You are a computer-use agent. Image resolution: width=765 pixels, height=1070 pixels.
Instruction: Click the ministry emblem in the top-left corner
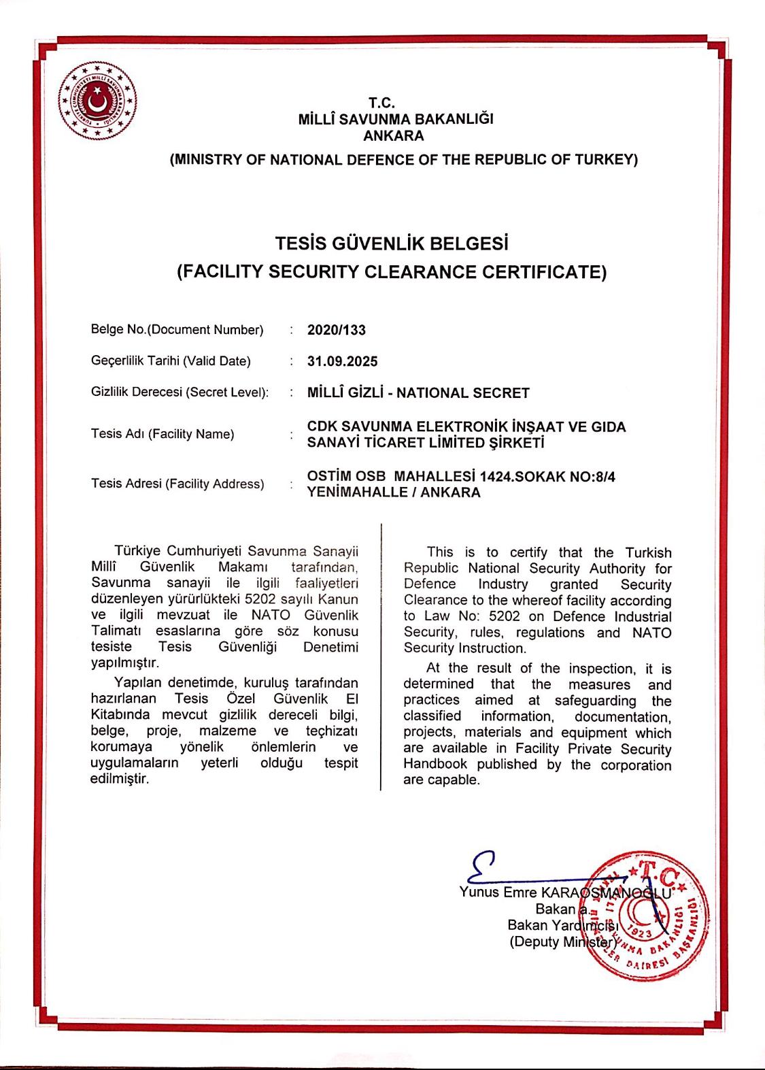click(x=97, y=99)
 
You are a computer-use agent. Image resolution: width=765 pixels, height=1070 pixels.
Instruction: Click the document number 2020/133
click(x=337, y=330)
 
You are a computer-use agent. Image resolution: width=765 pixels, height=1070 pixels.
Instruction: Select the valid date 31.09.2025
click(x=342, y=361)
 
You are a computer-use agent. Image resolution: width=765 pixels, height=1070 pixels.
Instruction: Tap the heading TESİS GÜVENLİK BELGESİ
click(x=392, y=243)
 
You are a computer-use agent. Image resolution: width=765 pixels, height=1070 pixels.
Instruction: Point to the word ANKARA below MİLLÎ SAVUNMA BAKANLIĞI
click(x=394, y=135)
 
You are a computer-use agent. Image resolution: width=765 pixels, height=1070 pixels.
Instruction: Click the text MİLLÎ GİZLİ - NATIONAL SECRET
click(x=418, y=392)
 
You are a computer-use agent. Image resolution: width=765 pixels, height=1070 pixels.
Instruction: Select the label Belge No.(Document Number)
click(x=177, y=330)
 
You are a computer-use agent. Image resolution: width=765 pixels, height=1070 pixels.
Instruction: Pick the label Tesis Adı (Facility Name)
click(x=163, y=434)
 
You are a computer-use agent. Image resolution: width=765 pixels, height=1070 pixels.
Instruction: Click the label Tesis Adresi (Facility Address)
click(x=177, y=484)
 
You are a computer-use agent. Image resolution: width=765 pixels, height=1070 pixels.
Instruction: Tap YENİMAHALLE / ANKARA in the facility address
click(x=394, y=492)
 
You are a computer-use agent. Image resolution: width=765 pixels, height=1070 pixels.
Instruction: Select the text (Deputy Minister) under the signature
click(x=563, y=942)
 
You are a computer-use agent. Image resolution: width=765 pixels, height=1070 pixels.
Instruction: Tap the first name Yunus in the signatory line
click(x=479, y=892)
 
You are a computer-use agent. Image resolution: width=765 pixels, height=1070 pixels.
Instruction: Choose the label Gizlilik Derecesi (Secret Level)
click(x=180, y=392)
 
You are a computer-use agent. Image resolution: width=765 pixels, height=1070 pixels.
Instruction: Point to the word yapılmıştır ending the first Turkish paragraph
click(x=124, y=663)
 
